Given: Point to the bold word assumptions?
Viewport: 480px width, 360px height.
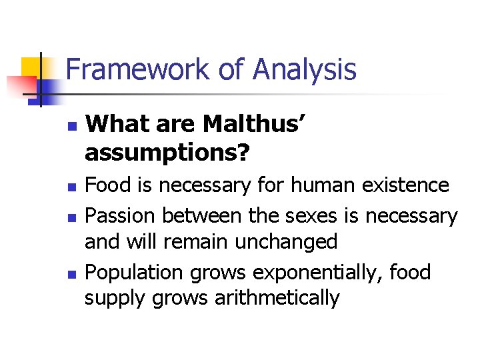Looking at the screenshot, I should tap(167, 153).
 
